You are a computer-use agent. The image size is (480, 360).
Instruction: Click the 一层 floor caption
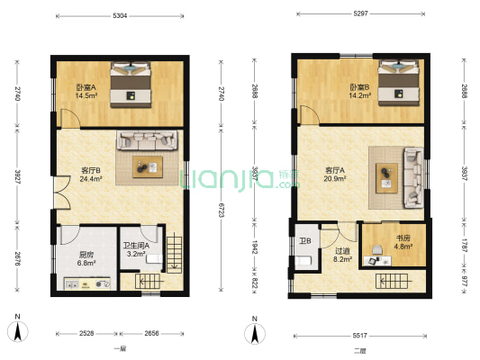[x=120, y=349]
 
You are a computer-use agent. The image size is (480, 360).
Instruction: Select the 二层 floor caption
[x=359, y=350]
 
